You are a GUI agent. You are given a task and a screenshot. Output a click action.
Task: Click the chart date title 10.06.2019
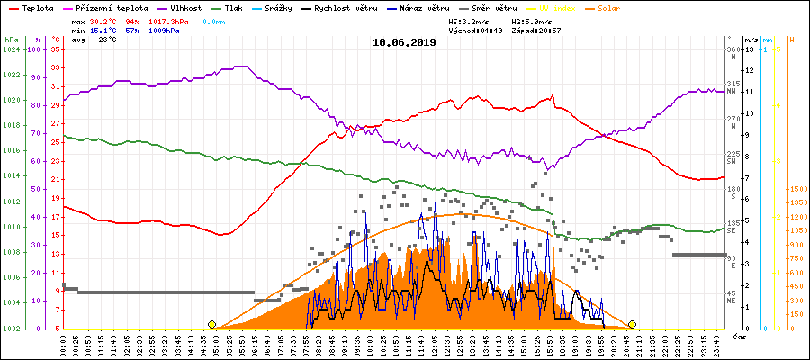[x=404, y=41]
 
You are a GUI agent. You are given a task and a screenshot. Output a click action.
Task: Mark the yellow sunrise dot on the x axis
[x=211, y=324]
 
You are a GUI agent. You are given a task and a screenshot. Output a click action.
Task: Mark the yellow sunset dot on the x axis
[x=633, y=324]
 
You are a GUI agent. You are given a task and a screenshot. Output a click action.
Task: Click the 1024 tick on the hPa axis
[x=11, y=50]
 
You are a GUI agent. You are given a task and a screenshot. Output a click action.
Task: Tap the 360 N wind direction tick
[x=733, y=52]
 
